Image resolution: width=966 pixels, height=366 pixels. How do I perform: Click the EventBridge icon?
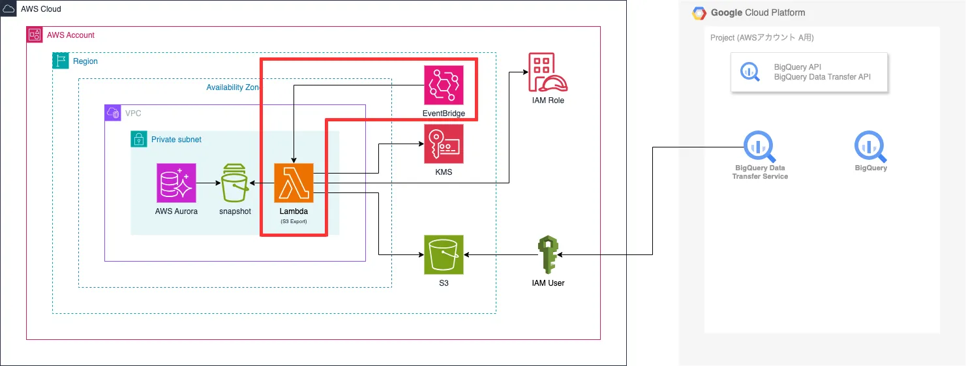[444, 85]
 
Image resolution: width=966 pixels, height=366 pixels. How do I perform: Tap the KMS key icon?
[444, 144]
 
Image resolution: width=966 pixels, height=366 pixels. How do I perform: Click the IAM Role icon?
[547, 72]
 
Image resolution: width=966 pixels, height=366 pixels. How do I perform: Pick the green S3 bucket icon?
[444, 255]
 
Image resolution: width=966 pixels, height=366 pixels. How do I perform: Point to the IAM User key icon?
[547, 255]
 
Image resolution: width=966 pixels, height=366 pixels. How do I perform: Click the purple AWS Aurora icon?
[177, 183]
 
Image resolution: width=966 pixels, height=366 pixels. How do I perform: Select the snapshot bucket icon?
[235, 183]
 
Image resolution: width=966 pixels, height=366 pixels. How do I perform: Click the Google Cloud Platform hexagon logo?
[700, 13]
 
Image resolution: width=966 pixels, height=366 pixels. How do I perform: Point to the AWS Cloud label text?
[41, 9]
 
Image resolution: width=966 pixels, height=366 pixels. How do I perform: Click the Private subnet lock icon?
[138, 139]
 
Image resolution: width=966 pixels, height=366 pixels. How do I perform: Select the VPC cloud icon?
[113, 113]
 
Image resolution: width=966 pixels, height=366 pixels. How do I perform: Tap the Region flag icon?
[61, 61]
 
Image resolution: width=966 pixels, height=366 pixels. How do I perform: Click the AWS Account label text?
[70, 35]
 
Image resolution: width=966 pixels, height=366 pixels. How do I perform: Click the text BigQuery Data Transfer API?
[822, 77]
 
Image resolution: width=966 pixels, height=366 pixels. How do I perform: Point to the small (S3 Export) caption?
[294, 222]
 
